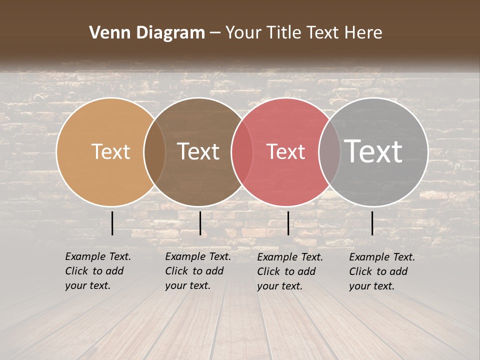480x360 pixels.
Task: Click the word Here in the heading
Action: tap(364, 33)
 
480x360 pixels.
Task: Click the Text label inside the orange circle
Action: tap(110, 151)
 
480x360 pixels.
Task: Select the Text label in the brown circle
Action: tap(198, 151)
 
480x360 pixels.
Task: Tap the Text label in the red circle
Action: tap(285, 151)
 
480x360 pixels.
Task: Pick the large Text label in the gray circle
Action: tap(373, 151)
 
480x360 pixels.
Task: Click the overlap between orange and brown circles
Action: tap(154, 151)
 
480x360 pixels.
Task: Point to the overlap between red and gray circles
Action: tap(329, 151)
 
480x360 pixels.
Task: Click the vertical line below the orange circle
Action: tap(112, 223)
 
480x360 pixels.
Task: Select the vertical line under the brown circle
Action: tap(200, 223)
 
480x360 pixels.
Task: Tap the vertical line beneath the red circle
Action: tap(288, 223)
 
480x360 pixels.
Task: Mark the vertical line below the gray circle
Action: tap(372, 223)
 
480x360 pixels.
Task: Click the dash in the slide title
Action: tap(215, 33)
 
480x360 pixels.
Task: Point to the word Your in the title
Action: tap(243, 33)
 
